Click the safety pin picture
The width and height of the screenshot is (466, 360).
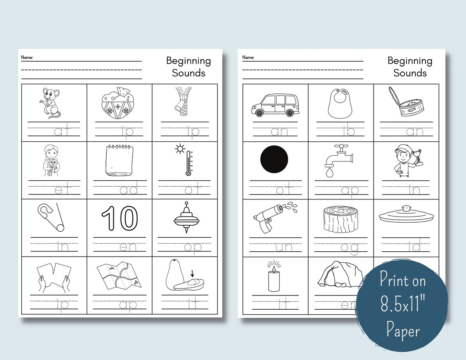(51, 217)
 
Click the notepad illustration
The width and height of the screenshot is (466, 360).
(119, 161)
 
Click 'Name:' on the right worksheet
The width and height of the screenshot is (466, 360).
(248, 58)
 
